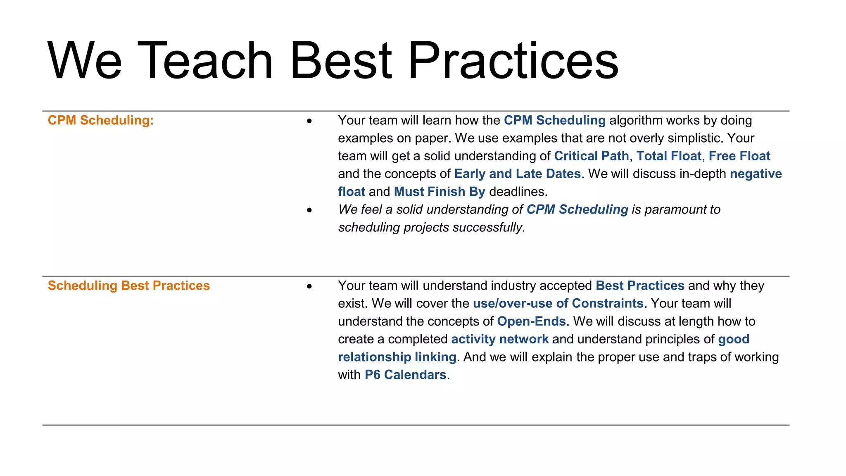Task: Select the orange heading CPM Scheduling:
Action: (x=100, y=120)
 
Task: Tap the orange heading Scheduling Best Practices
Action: (x=128, y=286)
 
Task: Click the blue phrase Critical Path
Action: (x=591, y=156)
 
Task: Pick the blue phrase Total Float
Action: (x=668, y=156)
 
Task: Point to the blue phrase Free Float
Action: (x=739, y=156)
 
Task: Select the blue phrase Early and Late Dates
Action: (x=517, y=174)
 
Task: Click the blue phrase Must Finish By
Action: (x=439, y=192)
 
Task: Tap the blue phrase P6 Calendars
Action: (x=405, y=375)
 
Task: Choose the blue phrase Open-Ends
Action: (x=531, y=321)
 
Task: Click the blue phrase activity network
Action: (x=500, y=339)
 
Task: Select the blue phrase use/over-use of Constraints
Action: (x=558, y=303)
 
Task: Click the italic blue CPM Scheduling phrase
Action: (x=577, y=209)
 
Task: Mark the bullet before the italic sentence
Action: (x=309, y=210)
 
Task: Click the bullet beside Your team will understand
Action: (x=309, y=286)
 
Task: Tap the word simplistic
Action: (x=694, y=138)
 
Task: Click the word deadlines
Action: (x=518, y=192)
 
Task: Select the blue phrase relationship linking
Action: (x=397, y=357)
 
